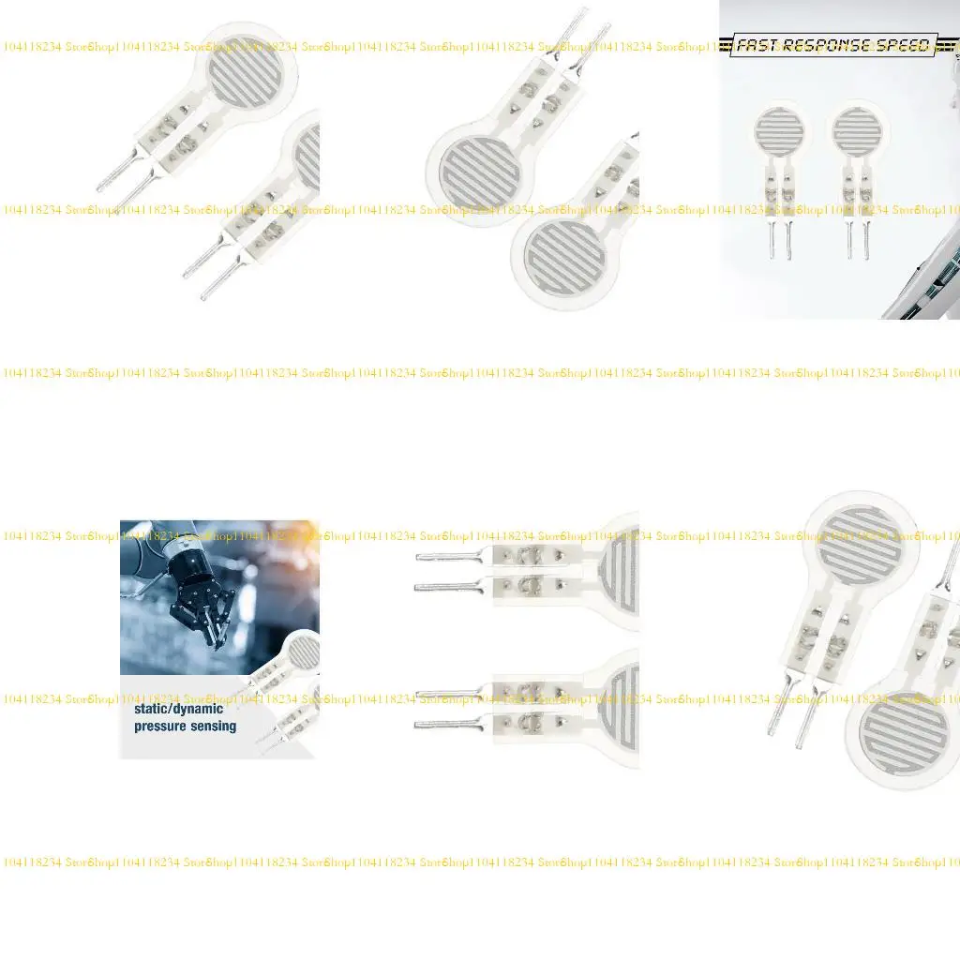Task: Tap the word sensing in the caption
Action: (211, 727)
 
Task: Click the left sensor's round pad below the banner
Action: (779, 132)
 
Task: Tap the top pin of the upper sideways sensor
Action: (448, 557)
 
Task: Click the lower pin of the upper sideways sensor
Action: (448, 587)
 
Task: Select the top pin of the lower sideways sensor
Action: (448, 695)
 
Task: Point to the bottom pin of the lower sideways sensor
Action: (448, 724)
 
